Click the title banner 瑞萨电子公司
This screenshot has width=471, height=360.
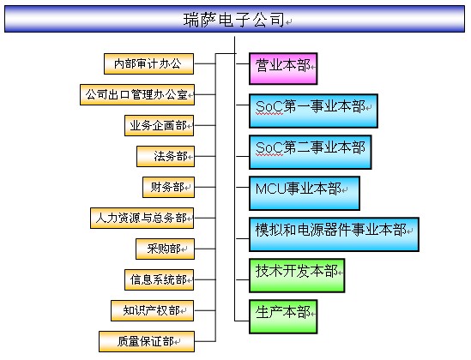pyautogui.click(x=234, y=19)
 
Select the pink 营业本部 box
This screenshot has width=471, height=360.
pyautogui.click(x=283, y=69)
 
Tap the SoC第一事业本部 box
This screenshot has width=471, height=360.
pyautogui.click(x=313, y=111)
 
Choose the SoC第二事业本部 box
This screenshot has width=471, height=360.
pyautogui.click(x=311, y=152)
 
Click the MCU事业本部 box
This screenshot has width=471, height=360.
pyautogui.click(x=305, y=193)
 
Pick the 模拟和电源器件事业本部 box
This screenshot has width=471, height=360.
pyautogui.click(x=334, y=234)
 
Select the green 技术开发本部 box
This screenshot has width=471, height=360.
pyautogui.click(x=297, y=275)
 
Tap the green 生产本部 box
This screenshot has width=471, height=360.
pyautogui.click(x=283, y=316)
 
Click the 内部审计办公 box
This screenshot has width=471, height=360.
pyautogui.click(x=148, y=64)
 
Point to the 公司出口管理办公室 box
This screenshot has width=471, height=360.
pyautogui.click(x=137, y=95)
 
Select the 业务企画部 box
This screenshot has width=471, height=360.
pyautogui.click(x=160, y=126)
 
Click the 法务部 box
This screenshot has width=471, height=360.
pyautogui.click(x=166, y=157)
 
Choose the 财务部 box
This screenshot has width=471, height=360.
pyautogui.click(x=168, y=188)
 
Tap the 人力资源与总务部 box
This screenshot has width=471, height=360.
pyautogui.click(x=142, y=219)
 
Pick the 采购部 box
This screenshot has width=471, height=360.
pyautogui.click(x=166, y=249)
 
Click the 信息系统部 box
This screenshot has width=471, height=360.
pyautogui.click(x=160, y=280)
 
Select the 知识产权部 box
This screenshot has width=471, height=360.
pyautogui.click(x=153, y=311)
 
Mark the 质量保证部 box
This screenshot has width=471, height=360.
pyautogui.click(x=147, y=342)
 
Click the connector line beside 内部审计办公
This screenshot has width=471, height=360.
pyautogui.click(x=205, y=64)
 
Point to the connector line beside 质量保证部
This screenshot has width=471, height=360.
pyautogui.click(x=205, y=341)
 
